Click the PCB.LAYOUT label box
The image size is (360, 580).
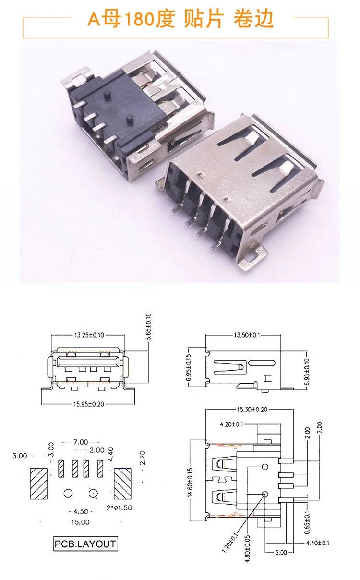click(x=85, y=544)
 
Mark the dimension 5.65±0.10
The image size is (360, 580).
click(x=148, y=327)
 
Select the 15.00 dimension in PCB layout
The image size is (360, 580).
click(x=80, y=521)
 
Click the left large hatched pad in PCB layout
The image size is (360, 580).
click(x=39, y=485)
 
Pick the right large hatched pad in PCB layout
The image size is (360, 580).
click(x=122, y=485)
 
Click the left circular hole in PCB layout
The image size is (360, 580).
click(x=68, y=493)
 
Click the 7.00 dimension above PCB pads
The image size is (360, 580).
click(x=80, y=441)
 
